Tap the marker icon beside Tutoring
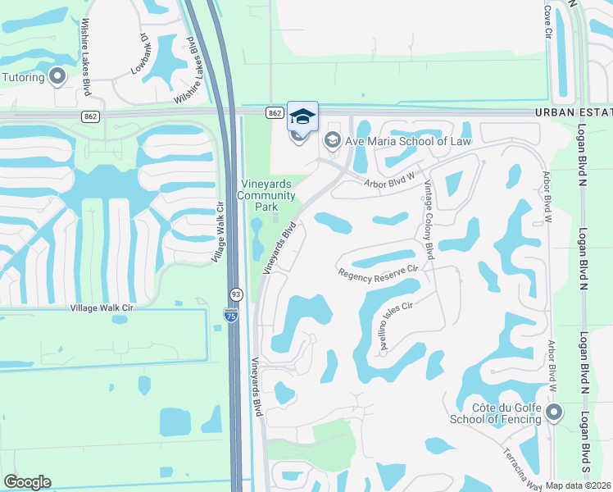pyautogui.click(x=57, y=77)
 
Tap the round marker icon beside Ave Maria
pyautogui.click(x=332, y=139)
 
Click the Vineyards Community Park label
pyautogui.click(x=266, y=195)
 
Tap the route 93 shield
pyautogui.click(x=235, y=293)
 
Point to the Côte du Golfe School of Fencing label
pyautogui.click(x=495, y=412)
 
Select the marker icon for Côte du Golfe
pyautogui.click(x=554, y=412)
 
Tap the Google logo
pyautogui.click(x=27, y=482)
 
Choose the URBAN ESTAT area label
pyautogui.click(x=574, y=112)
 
